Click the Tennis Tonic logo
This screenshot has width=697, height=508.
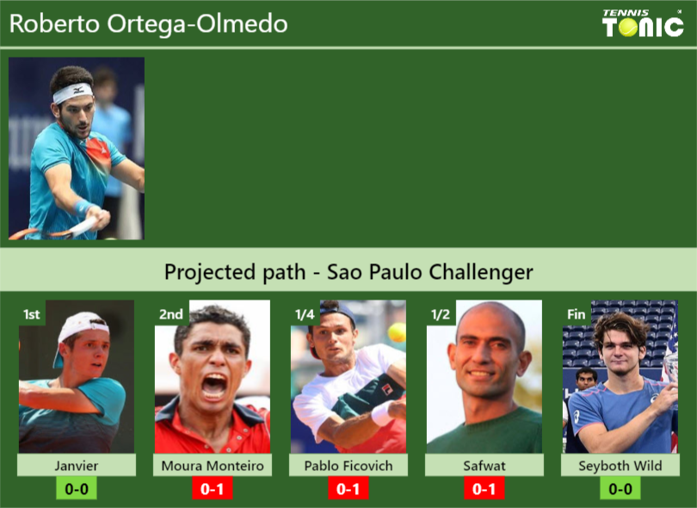pos(643,23)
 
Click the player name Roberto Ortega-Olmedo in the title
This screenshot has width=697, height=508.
pos(149,24)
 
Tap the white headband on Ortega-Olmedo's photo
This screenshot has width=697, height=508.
pos(72,91)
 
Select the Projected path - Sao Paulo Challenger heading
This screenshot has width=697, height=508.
pos(348,273)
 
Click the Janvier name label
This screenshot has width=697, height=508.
pos(77,466)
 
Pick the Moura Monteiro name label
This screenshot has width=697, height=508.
pos(213,466)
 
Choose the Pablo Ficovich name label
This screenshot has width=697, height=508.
pos(348,466)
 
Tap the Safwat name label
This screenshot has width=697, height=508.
pos(484,466)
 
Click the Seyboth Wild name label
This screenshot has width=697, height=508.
pos(620,466)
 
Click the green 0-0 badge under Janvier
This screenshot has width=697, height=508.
pos(77,489)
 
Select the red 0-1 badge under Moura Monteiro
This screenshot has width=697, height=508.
pos(213,489)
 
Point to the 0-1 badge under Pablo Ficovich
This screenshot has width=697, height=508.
pos(348,489)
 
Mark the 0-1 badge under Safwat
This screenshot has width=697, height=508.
pos(484,489)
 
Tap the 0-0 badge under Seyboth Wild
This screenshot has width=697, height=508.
pos(620,489)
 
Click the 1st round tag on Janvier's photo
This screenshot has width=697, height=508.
pos(31,314)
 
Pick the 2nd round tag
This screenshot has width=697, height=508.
pos(170,314)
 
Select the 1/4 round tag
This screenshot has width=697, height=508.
pos(304,314)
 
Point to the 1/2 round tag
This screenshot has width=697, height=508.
pos(440,314)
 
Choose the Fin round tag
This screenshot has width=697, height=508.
pos(576,314)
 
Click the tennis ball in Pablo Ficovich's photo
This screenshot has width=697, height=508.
pos(397,332)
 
